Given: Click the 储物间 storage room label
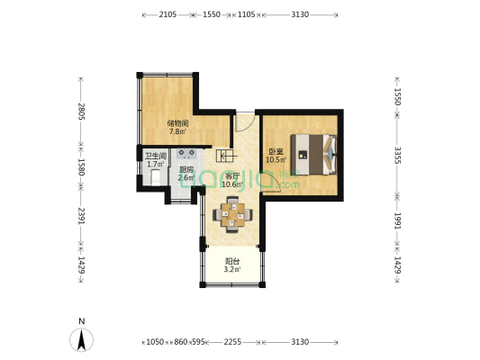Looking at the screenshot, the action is click(177, 123).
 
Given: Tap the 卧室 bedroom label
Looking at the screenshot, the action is click(276, 151).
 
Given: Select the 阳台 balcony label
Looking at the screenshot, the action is click(232, 261).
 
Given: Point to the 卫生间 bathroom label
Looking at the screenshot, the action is click(156, 156).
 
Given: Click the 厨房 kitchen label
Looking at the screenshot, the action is click(186, 169).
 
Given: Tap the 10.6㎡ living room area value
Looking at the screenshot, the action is click(232, 184).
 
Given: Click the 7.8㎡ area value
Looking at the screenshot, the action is click(177, 131).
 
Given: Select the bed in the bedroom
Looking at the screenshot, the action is click(313, 155).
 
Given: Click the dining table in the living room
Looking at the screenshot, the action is click(232, 214).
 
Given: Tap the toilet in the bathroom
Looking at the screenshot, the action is click(156, 177).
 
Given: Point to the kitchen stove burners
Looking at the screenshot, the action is click(186, 154).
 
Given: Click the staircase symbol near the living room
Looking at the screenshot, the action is click(227, 156).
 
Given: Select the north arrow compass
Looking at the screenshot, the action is click(81, 339).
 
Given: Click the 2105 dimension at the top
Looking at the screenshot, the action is click(168, 14).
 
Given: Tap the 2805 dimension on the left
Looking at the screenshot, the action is click(81, 111).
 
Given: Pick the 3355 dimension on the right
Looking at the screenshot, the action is click(397, 156).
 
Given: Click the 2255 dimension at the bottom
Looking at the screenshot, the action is click(232, 342).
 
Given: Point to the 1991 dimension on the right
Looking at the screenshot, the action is click(397, 220).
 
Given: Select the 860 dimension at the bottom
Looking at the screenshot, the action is click(181, 342).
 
